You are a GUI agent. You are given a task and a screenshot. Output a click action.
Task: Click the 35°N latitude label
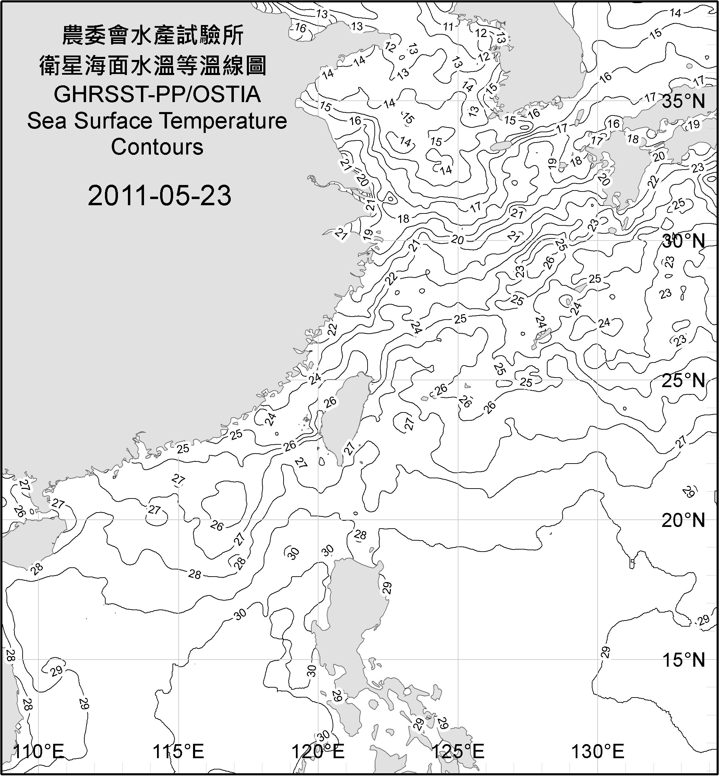tap(683, 101)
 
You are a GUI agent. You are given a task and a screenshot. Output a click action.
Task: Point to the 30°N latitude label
tap(683, 242)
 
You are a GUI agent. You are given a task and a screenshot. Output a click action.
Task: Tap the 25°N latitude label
tap(683, 380)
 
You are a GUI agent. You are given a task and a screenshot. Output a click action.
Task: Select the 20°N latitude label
tap(683, 520)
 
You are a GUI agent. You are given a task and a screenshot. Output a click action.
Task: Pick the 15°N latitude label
tap(683, 660)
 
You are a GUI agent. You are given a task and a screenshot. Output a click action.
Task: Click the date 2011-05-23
tap(159, 195)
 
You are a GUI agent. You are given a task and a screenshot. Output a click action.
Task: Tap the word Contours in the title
tap(157, 147)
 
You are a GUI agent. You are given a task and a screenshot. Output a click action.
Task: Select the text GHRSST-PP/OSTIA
tap(157, 94)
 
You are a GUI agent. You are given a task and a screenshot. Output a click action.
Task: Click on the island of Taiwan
tap(344, 416)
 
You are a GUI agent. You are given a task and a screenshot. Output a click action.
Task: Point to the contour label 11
tap(448, 26)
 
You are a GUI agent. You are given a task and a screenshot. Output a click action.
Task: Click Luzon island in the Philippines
tap(350, 614)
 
